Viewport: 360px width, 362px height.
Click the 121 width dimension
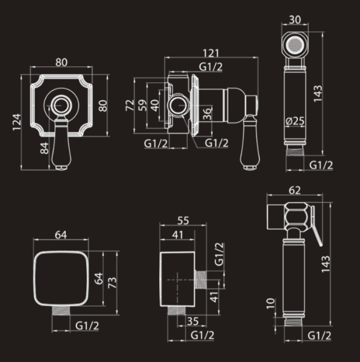pos(211,53)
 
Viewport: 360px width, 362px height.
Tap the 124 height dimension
pos(17,122)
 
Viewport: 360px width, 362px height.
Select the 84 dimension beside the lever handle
pos(45,148)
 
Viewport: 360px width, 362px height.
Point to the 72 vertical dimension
pos(130,105)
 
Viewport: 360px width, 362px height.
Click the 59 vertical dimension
pos(142,105)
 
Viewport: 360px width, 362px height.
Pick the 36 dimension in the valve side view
pos(207,113)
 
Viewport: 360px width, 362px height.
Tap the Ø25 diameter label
pos(295,121)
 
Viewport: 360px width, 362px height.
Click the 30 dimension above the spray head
pos(295,20)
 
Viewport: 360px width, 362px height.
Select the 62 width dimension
pos(295,191)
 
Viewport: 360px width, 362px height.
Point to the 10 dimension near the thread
pos(271,303)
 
